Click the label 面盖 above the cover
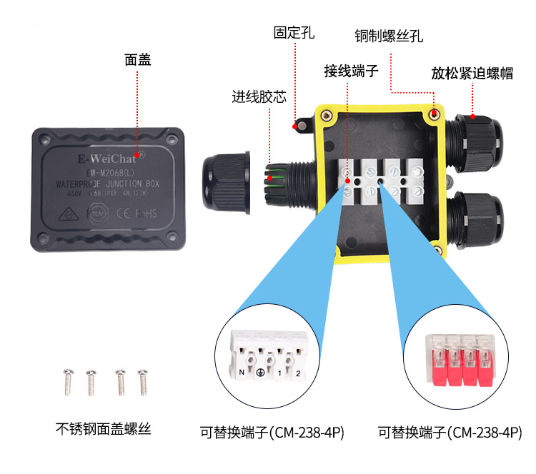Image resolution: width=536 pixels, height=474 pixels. (138, 60)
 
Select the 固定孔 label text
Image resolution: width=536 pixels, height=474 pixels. (294, 33)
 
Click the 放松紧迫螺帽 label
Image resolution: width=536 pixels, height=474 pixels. (472, 73)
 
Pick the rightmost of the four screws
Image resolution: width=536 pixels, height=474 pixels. (143, 382)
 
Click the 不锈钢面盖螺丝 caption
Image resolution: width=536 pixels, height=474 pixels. (104, 429)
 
